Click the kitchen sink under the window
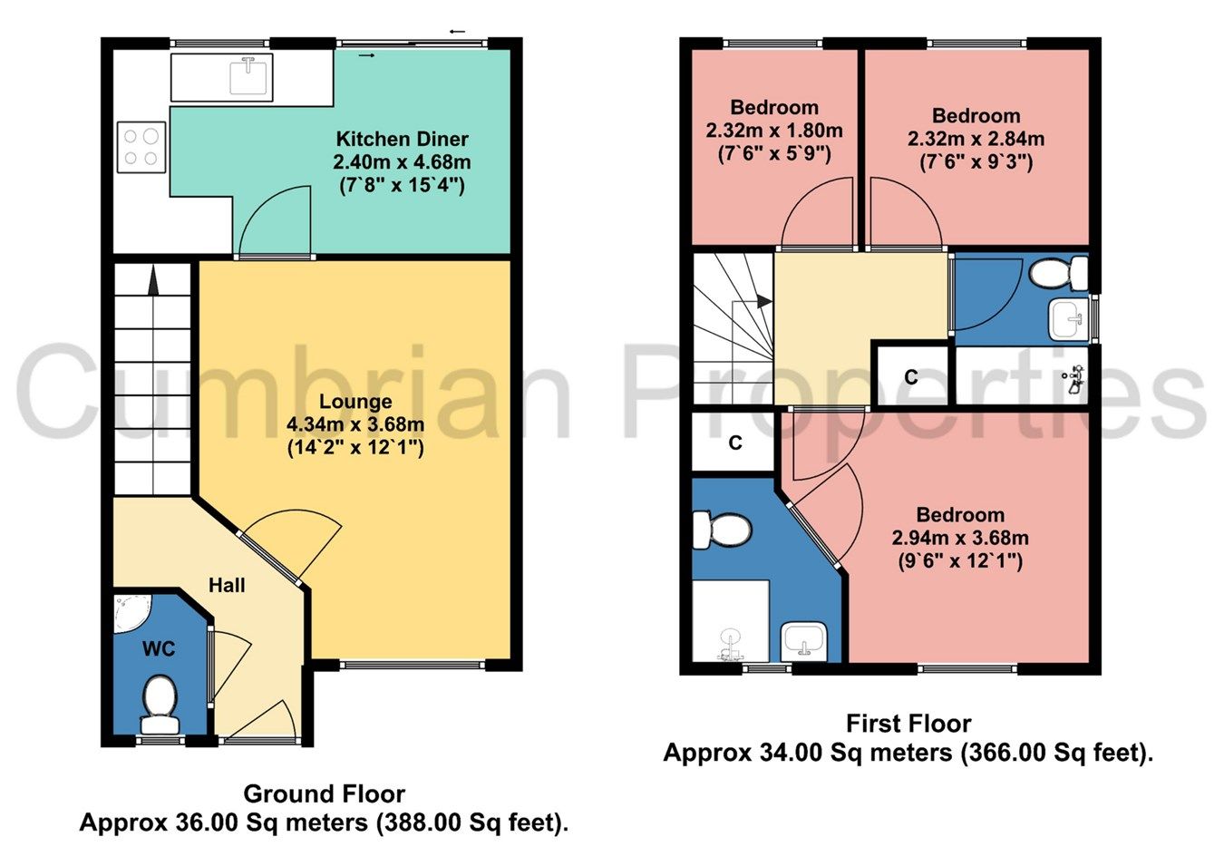click(250, 75)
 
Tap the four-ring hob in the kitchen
click(141, 147)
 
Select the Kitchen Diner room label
click(402, 139)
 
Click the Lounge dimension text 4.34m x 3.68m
click(355, 424)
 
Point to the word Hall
click(227, 586)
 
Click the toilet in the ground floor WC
click(160, 703)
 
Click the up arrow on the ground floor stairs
click(152, 280)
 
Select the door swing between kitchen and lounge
click(275, 222)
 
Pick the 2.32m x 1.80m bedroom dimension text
click(774, 131)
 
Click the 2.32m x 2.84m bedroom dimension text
click(976, 139)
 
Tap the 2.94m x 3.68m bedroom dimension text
click(960, 538)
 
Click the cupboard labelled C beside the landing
click(911, 376)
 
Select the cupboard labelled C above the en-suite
click(735, 443)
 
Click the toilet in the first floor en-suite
click(720, 530)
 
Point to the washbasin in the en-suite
click(803, 640)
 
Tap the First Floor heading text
click(908, 724)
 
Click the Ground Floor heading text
click(324, 794)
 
